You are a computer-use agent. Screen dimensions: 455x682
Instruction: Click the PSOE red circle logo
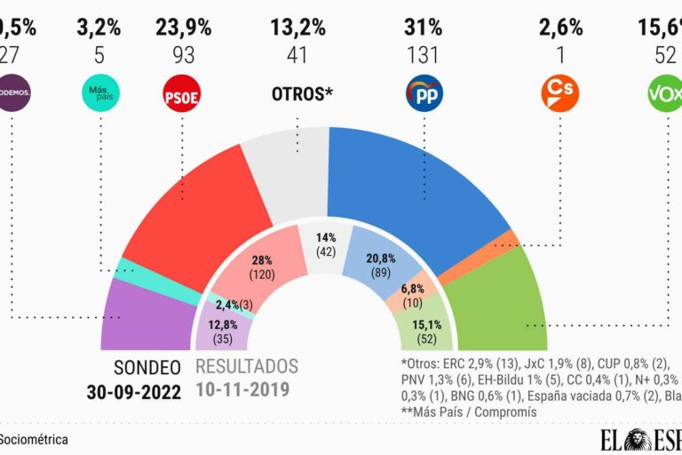click(x=181, y=93)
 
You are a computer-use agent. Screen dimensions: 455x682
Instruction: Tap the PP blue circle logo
click(x=424, y=93)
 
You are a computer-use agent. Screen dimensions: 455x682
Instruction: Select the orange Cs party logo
click(x=559, y=93)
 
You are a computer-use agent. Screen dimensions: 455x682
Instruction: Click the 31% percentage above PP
click(x=424, y=28)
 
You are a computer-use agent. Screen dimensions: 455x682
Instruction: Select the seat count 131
click(x=424, y=56)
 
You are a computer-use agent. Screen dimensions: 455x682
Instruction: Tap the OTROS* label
click(x=302, y=93)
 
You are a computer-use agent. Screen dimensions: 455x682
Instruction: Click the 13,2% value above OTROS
click(x=302, y=28)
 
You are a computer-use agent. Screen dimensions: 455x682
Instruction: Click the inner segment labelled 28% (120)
click(x=257, y=267)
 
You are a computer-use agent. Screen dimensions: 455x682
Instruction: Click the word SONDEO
click(x=147, y=367)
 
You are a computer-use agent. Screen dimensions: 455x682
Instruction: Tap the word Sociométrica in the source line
click(x=34, y=439)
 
